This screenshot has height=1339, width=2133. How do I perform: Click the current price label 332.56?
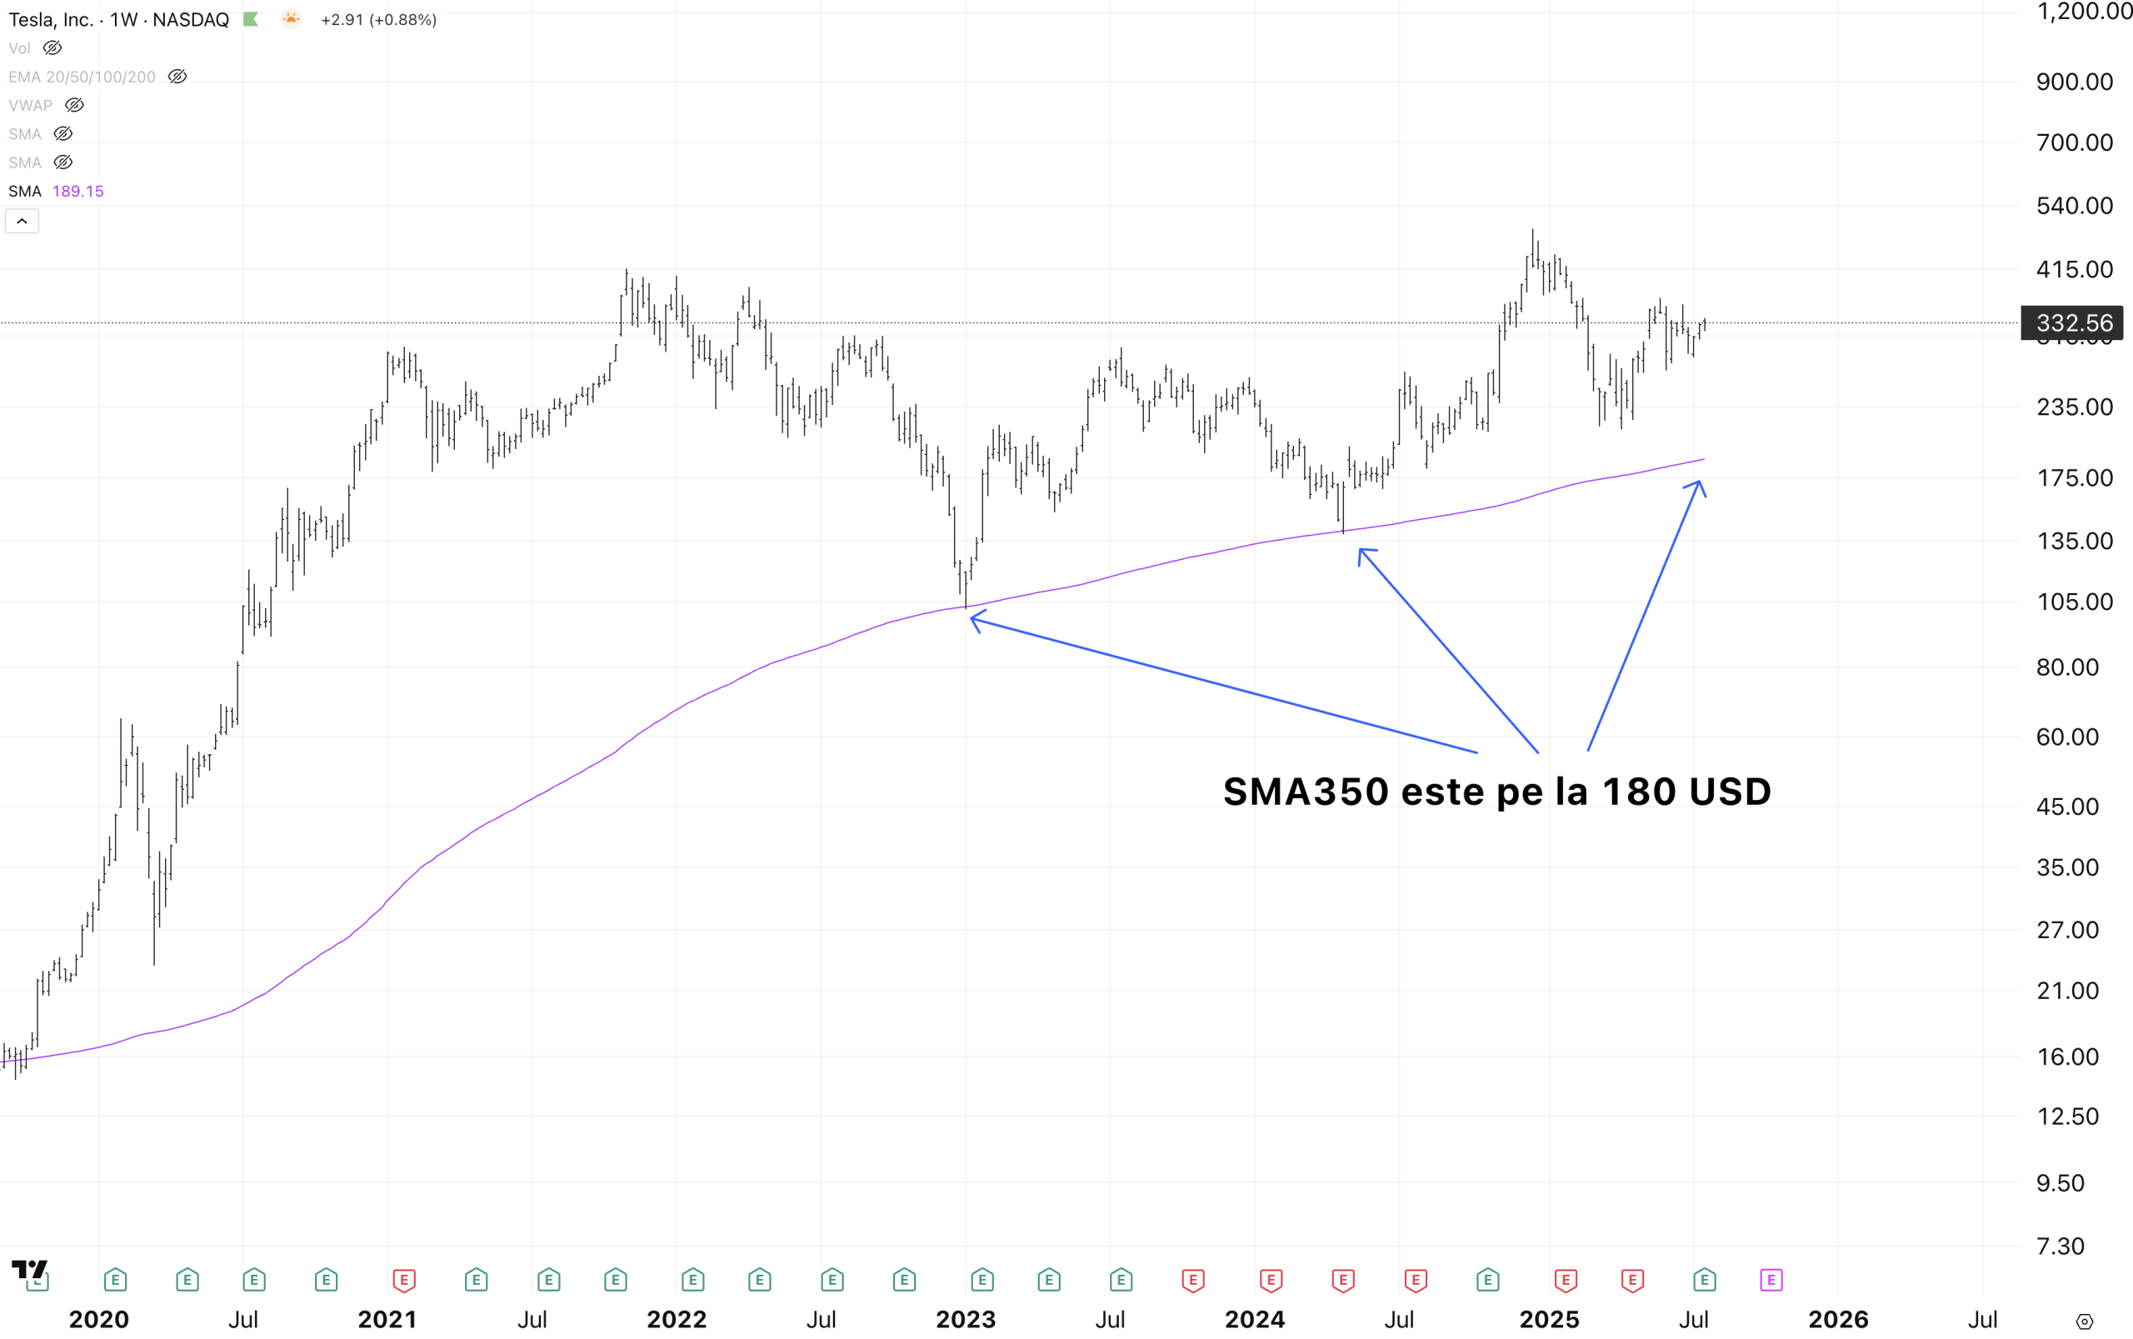2073,323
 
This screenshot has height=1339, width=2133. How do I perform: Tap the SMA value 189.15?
78,192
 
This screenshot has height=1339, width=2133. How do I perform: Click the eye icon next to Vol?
52,47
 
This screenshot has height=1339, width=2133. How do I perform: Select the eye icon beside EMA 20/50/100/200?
177,77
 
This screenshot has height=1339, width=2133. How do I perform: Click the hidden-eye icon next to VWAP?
74,105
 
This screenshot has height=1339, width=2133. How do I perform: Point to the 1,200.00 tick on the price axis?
2083,12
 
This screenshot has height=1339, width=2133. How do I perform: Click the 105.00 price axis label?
2074,602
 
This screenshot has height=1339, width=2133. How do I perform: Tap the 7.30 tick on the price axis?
2060,1246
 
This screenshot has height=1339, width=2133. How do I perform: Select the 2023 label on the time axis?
965,1320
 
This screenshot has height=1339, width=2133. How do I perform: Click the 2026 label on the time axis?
1837,1320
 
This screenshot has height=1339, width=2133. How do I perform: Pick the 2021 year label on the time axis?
387,1320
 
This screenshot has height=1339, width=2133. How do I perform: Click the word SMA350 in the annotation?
1305,792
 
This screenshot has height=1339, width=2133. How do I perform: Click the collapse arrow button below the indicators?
22,222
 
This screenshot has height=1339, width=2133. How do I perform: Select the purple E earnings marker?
1771,1280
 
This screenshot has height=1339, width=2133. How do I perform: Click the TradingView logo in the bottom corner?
29,1270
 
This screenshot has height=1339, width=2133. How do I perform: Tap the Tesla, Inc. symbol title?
51,19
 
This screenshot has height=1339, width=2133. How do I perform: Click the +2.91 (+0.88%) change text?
378,19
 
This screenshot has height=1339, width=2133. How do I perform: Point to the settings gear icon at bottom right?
2085,1322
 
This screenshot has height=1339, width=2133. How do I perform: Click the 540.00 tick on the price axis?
2074,206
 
